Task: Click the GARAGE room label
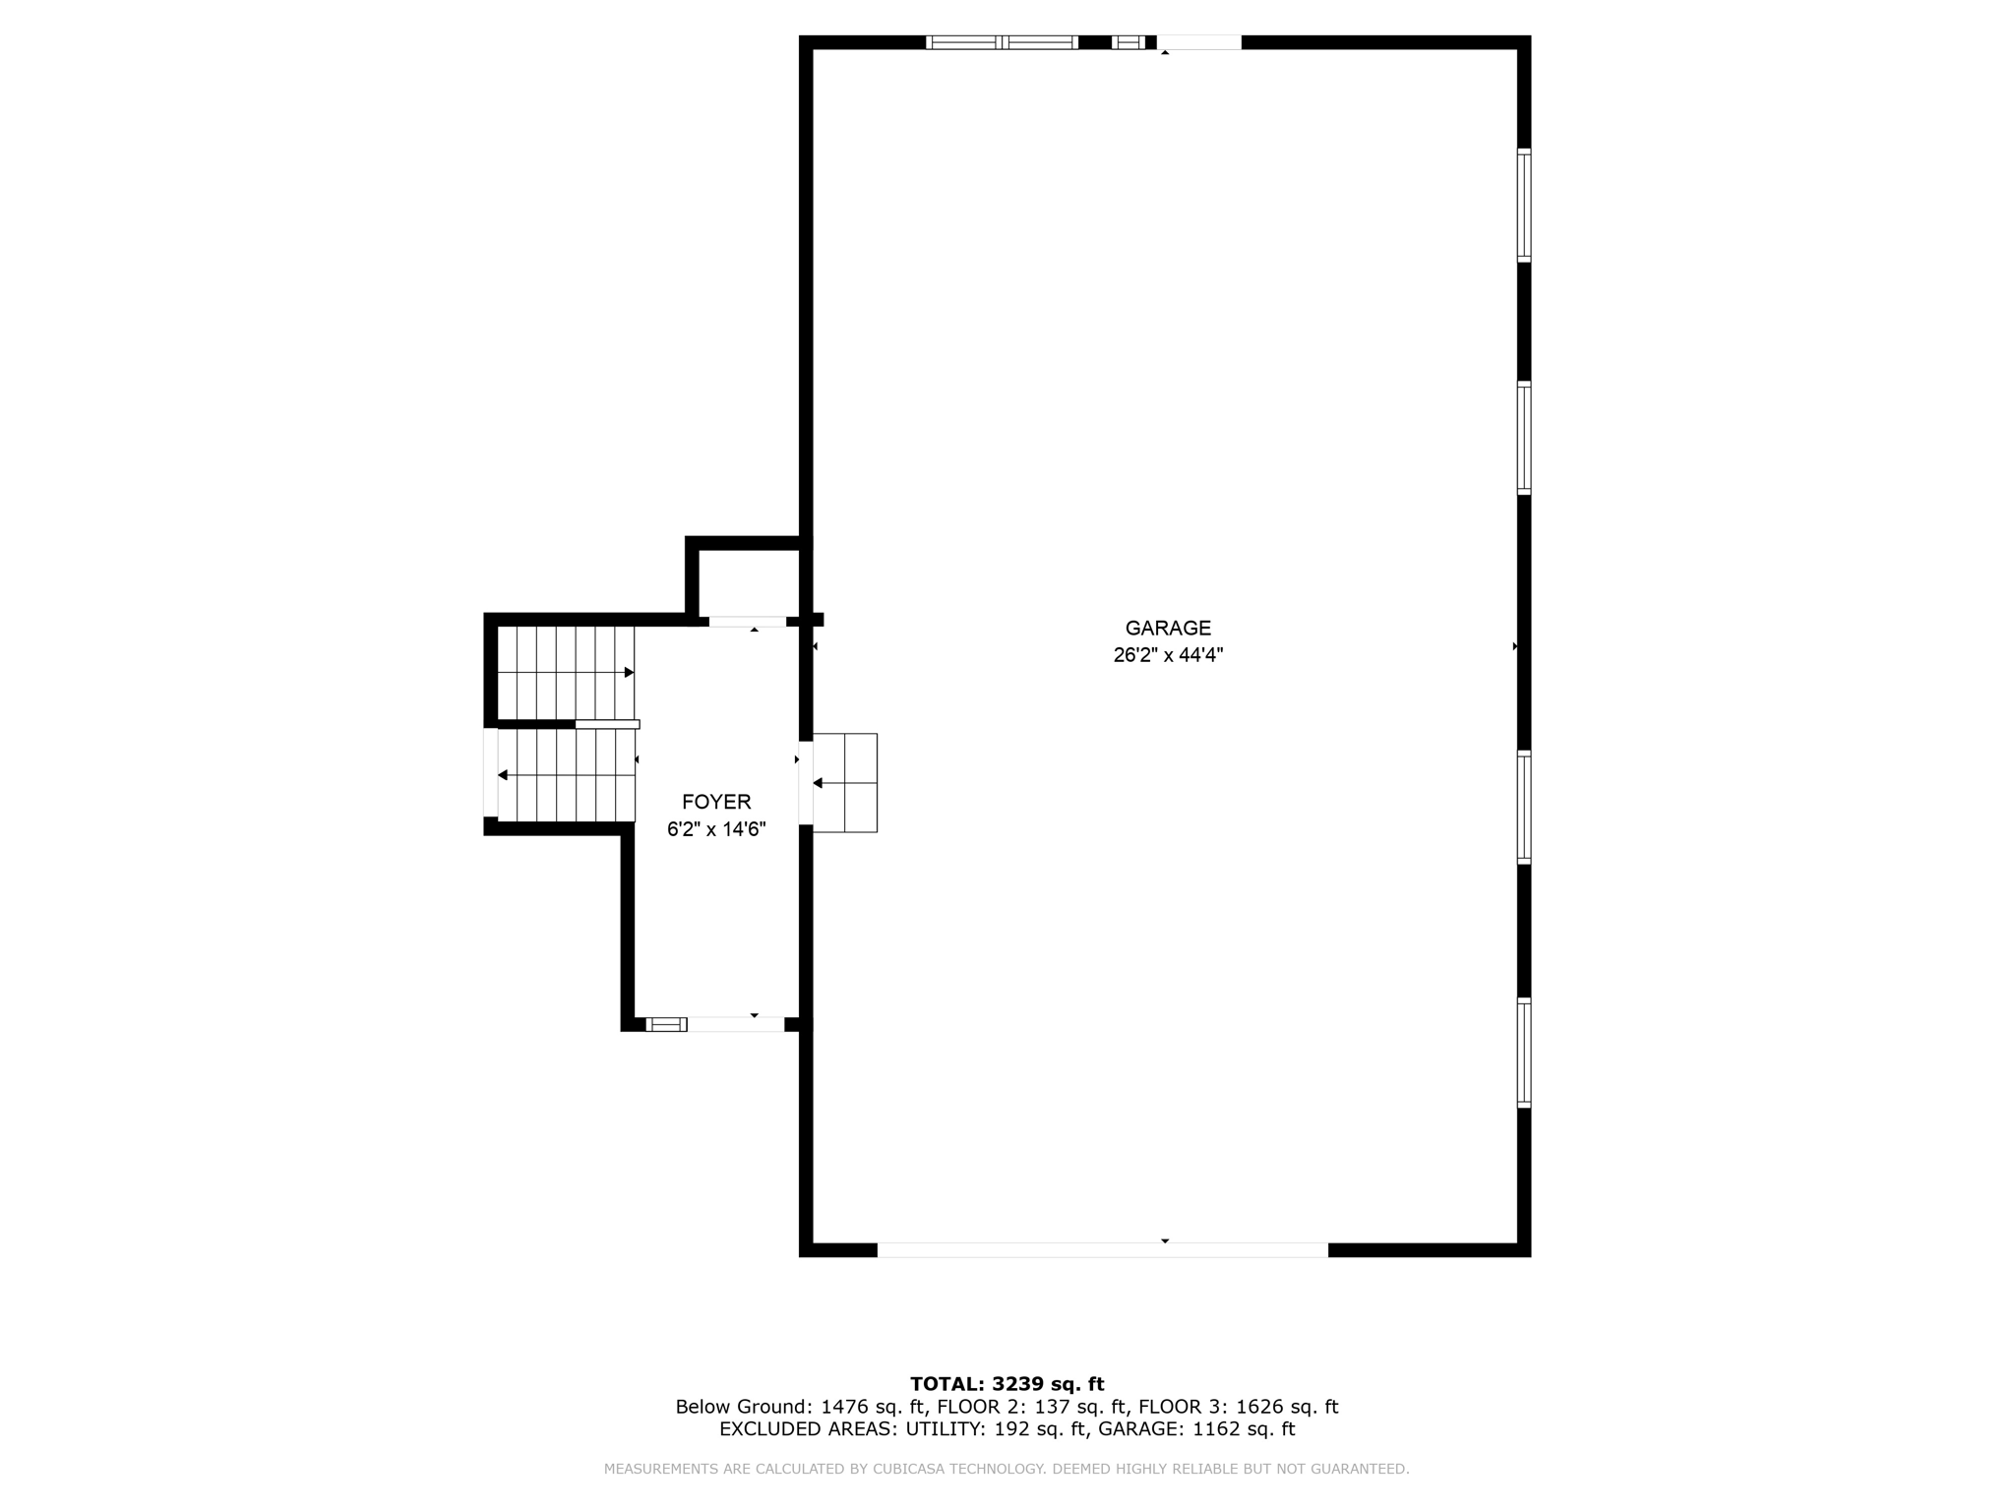pos(1168,628)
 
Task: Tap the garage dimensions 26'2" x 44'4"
pos(1168,655)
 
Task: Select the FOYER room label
pos(716,802)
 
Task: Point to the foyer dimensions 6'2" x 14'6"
pos(716,829)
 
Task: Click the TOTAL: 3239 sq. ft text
pos(1007,1384)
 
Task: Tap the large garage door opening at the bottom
pos(1102,1249)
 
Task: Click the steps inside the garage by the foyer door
pos(845,783)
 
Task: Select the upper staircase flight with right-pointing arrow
pos(566,673)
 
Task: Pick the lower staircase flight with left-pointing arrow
pos(566,776)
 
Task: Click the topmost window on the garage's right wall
pos(1524,205)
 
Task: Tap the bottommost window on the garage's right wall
pos(1524,1053)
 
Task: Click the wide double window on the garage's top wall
pos(1002,42)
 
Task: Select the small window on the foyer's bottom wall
pos(666,1024)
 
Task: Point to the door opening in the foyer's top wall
pos(748,621)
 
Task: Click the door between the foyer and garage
pos(806,783)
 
